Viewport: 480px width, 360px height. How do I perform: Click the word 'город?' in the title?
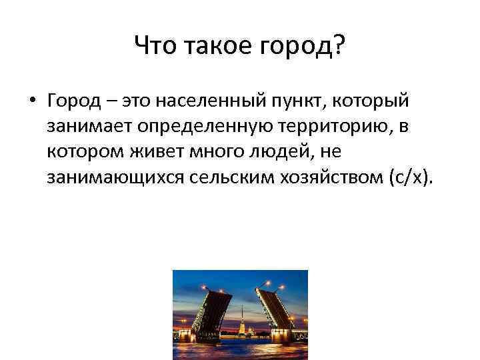298,47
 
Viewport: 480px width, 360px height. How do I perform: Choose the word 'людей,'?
297,152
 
